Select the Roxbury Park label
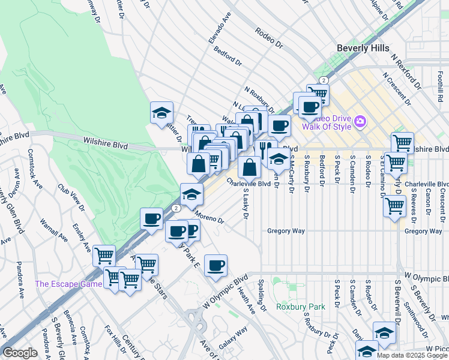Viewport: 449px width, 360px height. click(300, 307)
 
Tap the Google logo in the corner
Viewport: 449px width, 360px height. click(20, 353)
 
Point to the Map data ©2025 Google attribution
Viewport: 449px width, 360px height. click(412, 355)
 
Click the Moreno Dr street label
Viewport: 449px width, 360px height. click(208, 216)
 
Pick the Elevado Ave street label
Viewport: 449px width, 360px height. click(220, 28)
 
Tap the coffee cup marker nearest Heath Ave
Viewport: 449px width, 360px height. click(215, 265)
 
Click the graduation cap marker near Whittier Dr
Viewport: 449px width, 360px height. click(161, 112)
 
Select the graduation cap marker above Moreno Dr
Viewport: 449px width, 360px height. click(191, 194)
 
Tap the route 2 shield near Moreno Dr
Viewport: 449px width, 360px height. click(175, 208)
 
